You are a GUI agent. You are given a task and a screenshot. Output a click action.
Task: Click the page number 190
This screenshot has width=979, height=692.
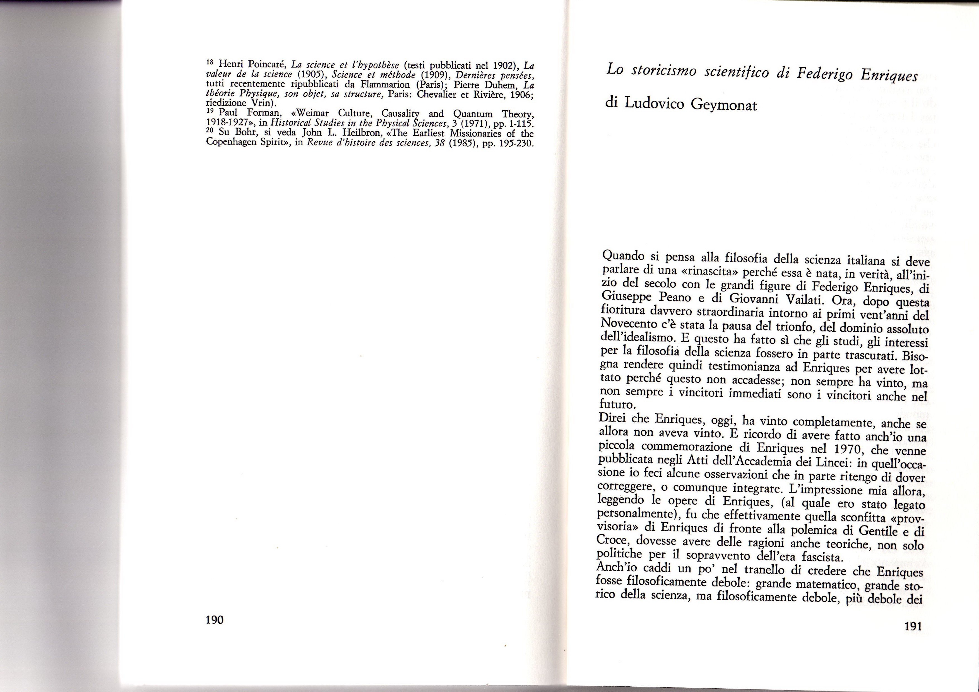point(215,619)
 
